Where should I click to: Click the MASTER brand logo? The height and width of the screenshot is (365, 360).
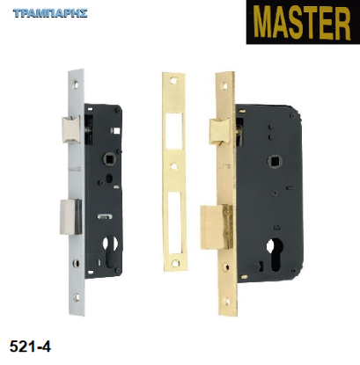pyautogui.click(x=303, y=22)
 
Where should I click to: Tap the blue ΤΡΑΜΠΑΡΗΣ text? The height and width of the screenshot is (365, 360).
pyautogui.click(x=50, y=13)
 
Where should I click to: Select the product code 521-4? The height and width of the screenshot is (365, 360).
pyautogui.click(x=30, y=347)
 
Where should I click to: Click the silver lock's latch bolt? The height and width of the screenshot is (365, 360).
pyautogui.click(x=71, y=129)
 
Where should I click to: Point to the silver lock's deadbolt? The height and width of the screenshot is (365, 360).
pyautogui.click(x=71, y=216)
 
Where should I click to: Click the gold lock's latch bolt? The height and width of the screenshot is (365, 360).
pyautogui.click(x=219, y=131)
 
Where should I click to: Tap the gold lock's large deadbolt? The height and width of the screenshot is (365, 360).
pyautogui.click(x=217, y=227)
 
